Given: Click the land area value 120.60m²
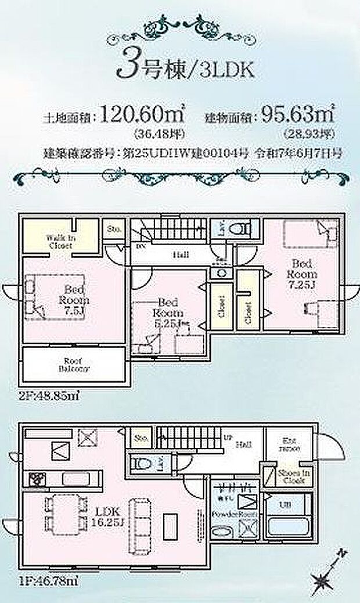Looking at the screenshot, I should [x=142, y=114].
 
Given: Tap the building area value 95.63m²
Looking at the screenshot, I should [x=299, y=114].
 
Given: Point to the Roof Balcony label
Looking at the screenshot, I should [x=73, y=364].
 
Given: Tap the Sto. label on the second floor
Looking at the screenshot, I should [x=114, y=229].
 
